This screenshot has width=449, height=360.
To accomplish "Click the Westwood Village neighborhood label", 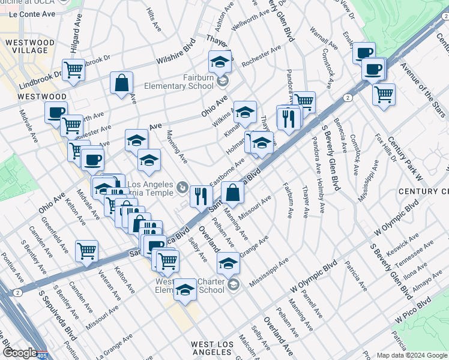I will pos(25,46).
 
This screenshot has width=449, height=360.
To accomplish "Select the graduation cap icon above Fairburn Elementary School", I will pos(220,62).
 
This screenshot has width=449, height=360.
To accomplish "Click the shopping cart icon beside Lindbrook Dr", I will pos(73,70).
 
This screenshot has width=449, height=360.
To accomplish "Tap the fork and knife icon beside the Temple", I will pos(200,195).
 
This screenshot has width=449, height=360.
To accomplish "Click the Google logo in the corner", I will pos(20,352).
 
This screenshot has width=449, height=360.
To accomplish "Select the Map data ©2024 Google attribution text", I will pos(412,355).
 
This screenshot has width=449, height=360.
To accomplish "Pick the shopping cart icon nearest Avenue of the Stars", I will pos(384,94).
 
